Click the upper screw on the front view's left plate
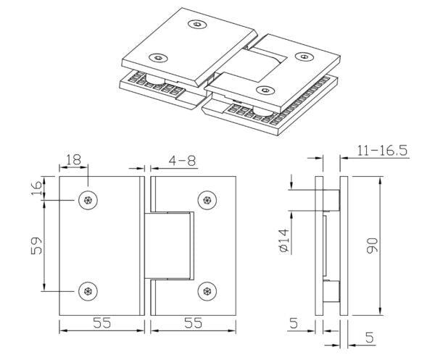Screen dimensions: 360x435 click(x=88, y=201)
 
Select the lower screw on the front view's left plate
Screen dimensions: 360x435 click(x=88, y=291)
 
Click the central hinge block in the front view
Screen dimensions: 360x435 click(x=170, y=246)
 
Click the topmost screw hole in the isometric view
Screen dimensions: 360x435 click(x=197, y=25)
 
